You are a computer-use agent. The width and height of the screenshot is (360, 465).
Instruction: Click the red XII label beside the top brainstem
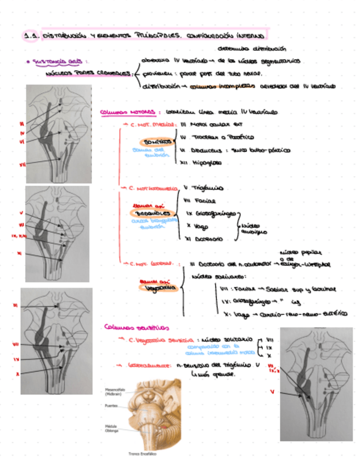click(x=22, y=163)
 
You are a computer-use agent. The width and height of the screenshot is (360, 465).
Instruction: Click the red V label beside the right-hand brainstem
click(x=272, y=392)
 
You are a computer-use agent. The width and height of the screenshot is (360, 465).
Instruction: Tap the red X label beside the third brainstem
click(x=18, y=375)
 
